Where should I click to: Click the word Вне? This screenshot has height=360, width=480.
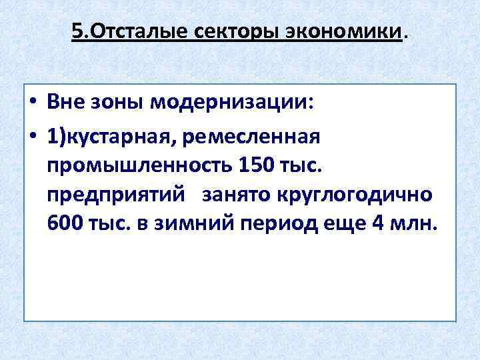69,104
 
